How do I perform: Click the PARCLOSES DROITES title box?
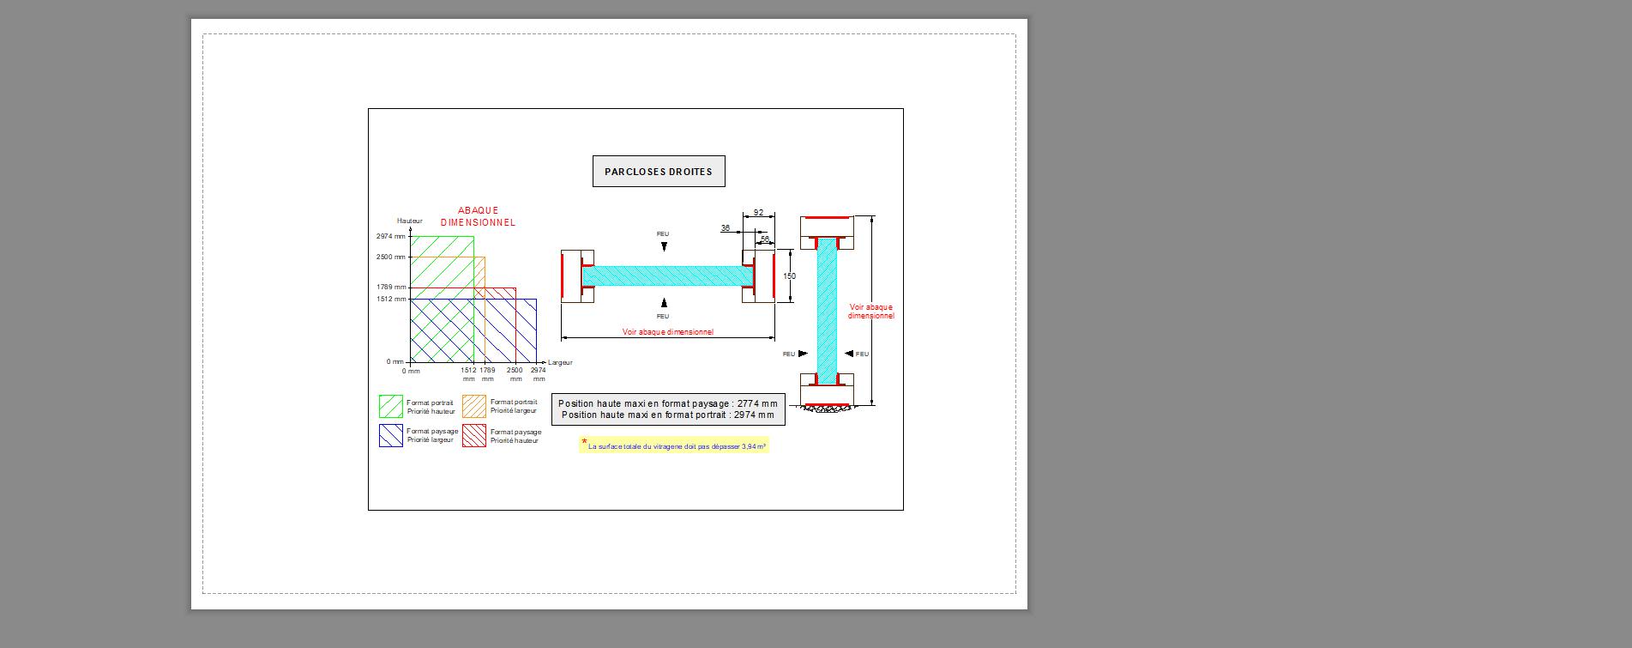[x=659, y=172]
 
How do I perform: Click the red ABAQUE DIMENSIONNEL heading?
[x=478, y=216]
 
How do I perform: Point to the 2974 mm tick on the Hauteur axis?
[x=391, y=236]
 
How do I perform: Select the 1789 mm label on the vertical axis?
[x=391, y=288]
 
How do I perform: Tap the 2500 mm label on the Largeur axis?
[x=515, y=374]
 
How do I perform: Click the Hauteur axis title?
[x=410, y=221]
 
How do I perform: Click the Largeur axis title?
[x=560, y=363]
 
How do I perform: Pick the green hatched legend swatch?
[x=391, y=406]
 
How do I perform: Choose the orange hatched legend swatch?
[x=474, y=406]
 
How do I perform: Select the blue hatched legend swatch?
[x=391, y=435]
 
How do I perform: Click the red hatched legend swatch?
[x=474, y=435]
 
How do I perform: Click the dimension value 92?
[x=758, y=213]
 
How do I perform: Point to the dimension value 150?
[x=789, y=276]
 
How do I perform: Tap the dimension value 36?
[x=726, y=228]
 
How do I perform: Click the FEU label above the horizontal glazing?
[x=663, y=234]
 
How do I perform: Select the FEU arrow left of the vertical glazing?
[x=802, y=354]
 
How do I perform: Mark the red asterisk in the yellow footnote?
[x=584, y=443]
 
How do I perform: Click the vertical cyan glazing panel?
[x=827, y=309]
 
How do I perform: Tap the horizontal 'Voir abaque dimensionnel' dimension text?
[x=667, y=332]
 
